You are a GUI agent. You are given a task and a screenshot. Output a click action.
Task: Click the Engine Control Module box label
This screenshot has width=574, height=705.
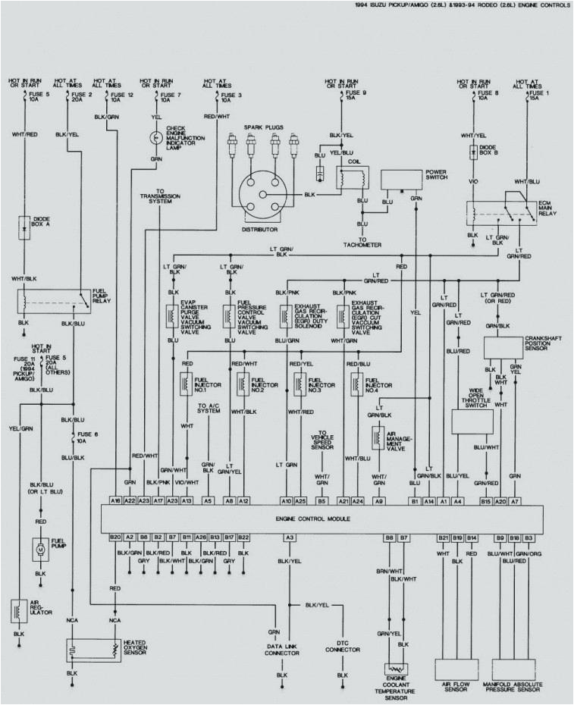(312, 519)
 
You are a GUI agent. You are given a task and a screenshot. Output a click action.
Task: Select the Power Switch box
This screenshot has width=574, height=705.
(401, 180)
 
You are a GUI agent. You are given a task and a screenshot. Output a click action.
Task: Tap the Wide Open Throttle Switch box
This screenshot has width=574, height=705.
(472, 421)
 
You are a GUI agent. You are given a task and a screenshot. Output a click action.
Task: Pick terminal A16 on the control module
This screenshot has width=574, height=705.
(115, 501)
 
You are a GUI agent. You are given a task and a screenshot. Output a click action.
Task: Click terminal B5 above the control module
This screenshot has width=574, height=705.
(322, 501)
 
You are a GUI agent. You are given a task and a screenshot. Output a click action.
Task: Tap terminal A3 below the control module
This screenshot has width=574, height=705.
(289, 537)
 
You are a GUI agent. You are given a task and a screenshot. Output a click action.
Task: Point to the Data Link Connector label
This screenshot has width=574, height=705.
(282, 649)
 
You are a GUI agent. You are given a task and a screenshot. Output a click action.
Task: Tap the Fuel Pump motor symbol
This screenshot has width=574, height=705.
(38, 548)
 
